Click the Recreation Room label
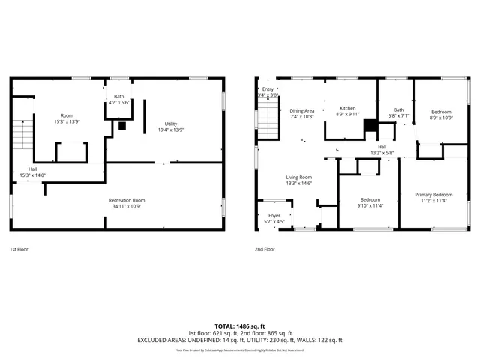coord(127,200)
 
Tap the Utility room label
coord(171,124)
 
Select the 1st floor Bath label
coord(119,96)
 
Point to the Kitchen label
coord(346,108)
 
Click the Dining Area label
coord(302,111)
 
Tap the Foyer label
coord(274,216)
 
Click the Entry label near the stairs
coord(268,89)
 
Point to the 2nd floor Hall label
coord(382,147)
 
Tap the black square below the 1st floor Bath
coord(121,127)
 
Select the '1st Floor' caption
coord(19,249)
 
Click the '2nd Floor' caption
coord(265,249)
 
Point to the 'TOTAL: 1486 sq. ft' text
coord(239,326)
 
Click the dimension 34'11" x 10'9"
coord(127,206)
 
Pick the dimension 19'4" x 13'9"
coord(171,130)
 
